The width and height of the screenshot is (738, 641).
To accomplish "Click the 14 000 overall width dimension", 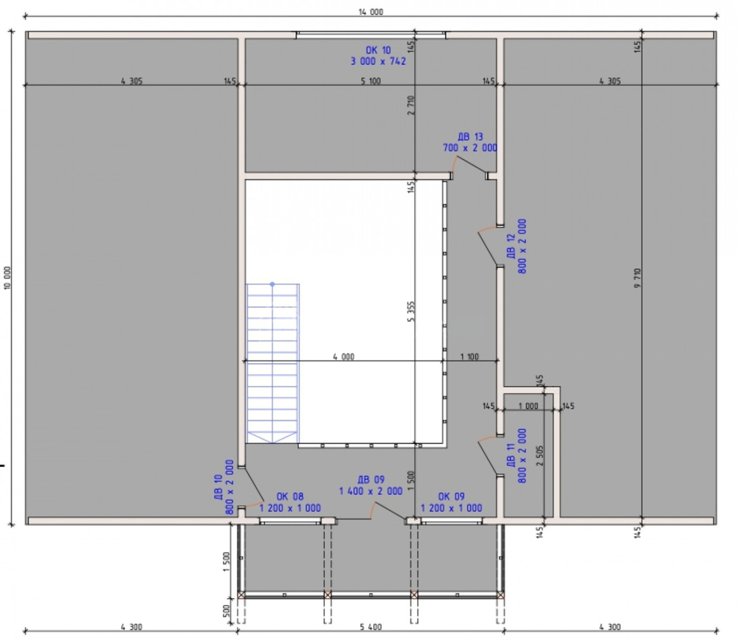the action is (x=371, y=12).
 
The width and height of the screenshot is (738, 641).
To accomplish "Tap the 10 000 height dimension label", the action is (x=7, y=278).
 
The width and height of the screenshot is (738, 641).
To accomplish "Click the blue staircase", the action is (x=272, y=363).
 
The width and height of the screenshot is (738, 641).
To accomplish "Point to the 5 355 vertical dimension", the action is (x=411, y=312).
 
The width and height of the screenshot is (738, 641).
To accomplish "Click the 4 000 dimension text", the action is (x=344, y=356).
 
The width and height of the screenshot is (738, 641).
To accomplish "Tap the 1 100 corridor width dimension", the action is (x=469, y=356).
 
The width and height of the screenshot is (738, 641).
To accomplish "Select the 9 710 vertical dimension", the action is (x=638, y=278).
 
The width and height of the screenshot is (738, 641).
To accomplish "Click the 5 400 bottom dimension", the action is (x=371, y=627).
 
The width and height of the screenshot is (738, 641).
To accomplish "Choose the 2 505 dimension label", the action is (x=539, y=456).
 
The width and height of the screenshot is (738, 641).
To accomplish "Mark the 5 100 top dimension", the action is (x=371, y=81).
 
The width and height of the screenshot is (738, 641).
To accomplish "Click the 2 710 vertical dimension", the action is (x=411, y=105).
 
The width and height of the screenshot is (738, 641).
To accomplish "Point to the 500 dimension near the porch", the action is (x=226, y=611).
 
